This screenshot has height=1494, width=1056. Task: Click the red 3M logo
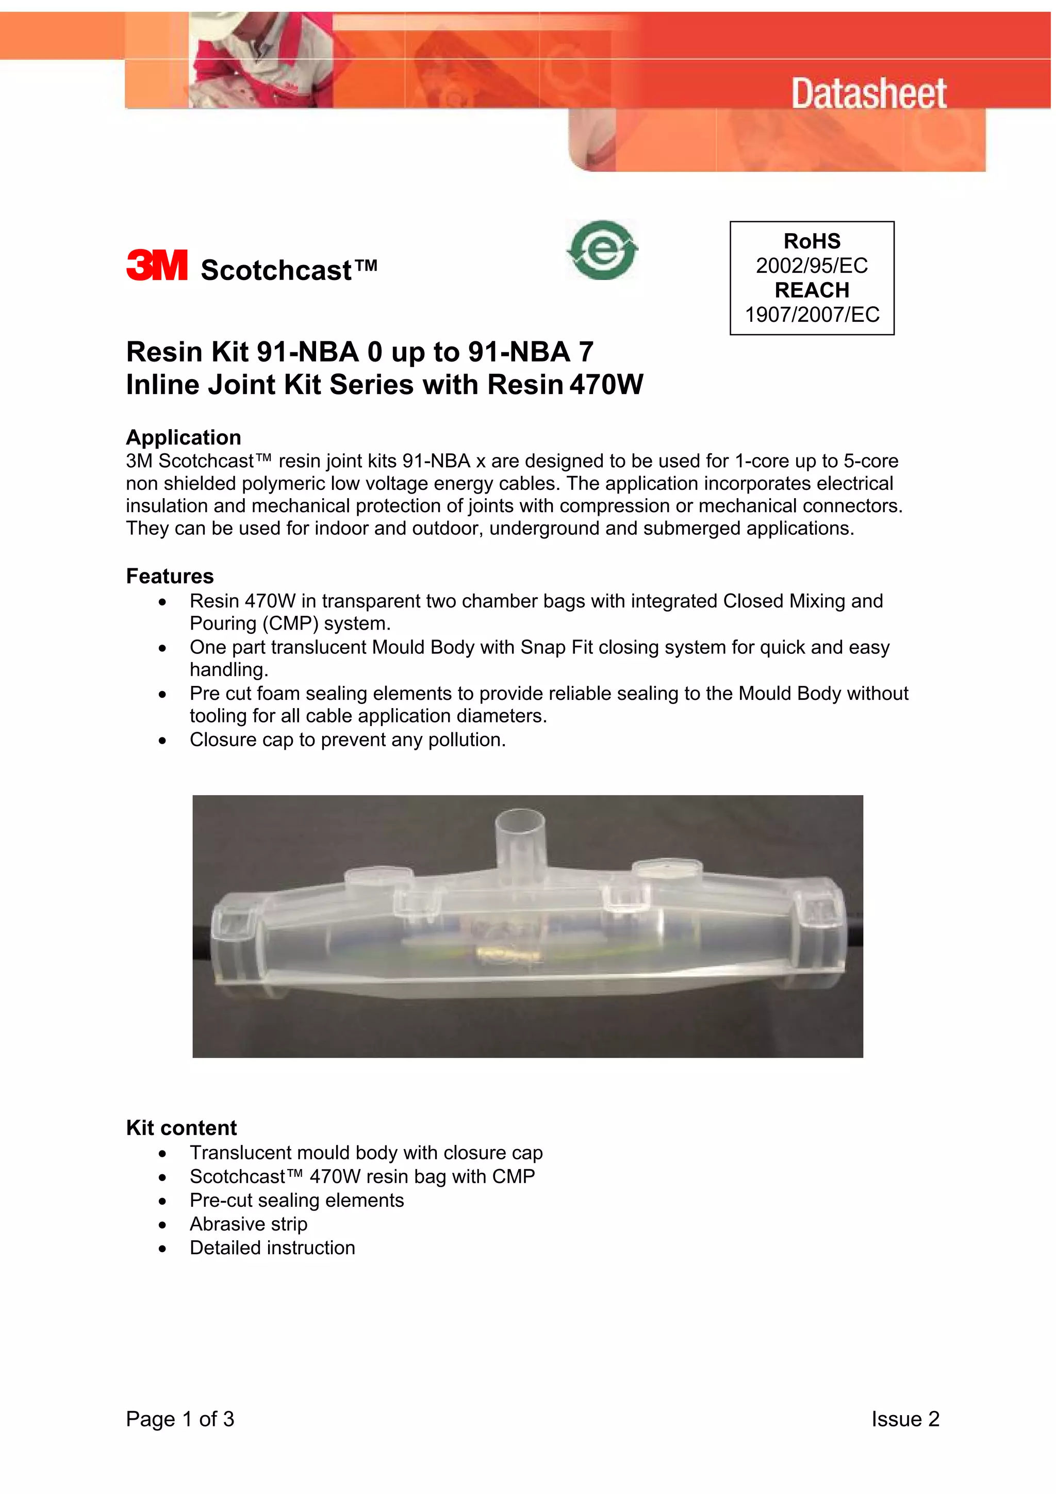[x=157, y=266]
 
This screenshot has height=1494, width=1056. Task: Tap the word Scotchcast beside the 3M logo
[x=276, y=270]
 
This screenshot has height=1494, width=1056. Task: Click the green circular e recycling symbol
[x=602, y=251]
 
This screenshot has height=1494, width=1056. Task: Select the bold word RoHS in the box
[x=812, y=241]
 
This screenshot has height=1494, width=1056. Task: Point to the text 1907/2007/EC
[x=812, y=315]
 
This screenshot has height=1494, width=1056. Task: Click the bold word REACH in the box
[x=812, y=290]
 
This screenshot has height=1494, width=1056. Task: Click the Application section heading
[x=184, y=437]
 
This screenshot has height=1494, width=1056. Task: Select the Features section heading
[x=170, y=576]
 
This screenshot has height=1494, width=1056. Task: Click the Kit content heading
[x=181, y=1128]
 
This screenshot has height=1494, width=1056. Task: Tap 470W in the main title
[x=606, y=385]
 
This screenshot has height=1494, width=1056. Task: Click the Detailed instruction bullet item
[x=272, y=1248]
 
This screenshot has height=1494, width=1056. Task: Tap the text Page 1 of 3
[x=179, y=1419]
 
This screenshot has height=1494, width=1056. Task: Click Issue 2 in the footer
[x=905, y=1419]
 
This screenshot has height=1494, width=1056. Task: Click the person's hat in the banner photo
[x=234, y=23]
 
